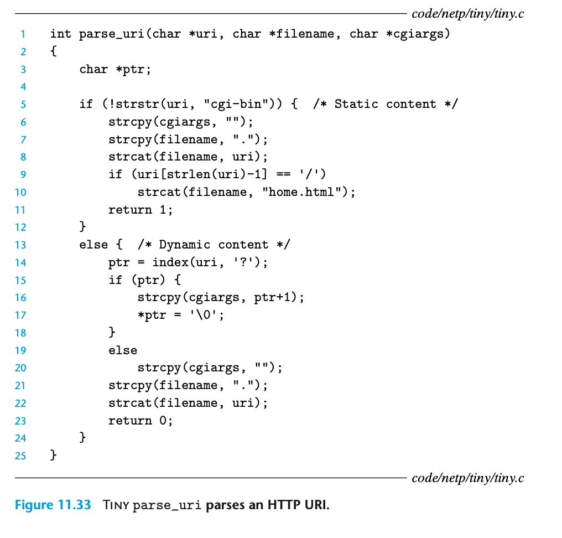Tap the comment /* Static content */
coord(385,104)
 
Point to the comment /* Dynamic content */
coord(214,245)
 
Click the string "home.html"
coord(305,192)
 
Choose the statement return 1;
coord(140,210)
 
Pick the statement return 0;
coord(140,421)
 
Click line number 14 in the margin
coord(20,262)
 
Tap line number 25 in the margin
coord(20,456)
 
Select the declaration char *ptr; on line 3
coord(115,69)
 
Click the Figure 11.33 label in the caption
coord(53,505)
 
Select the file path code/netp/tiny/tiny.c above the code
coord(467,13)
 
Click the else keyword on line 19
coord(123,350)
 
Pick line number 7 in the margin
coord(23,139)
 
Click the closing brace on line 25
coord(53,456)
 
